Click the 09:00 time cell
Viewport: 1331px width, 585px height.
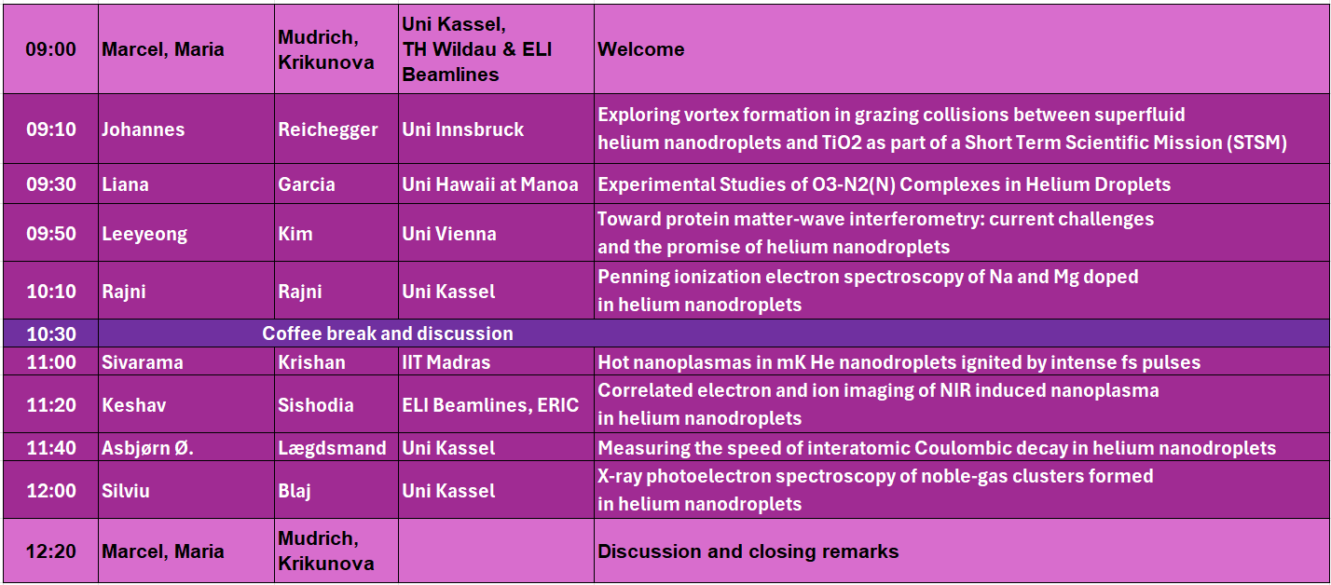point(50,49)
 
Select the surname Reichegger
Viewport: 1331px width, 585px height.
point(328,129)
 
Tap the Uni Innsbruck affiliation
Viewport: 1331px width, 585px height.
point(463,129)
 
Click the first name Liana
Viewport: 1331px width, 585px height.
point(126,184)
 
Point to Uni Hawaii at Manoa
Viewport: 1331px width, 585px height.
point(490,184)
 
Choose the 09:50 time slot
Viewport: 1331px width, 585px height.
point(51,234)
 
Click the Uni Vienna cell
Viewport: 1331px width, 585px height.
point(449,234)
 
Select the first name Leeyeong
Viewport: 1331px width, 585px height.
point(144,234)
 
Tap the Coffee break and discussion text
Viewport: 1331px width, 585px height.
point(388,333)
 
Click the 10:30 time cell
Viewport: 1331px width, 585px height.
point(51,333)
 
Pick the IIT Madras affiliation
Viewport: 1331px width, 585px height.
point(446,362)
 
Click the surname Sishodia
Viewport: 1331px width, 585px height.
point(316,405)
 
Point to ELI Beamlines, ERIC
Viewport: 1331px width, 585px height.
point(490,405)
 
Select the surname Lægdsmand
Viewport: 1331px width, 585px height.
point(332,448)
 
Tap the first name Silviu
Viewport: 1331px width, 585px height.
point(126,491)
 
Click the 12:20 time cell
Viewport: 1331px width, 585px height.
point(50,551)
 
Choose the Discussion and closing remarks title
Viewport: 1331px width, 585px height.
point(748,551)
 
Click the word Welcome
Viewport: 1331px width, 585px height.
point(641,49)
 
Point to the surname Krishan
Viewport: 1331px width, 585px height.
point(311,362)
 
